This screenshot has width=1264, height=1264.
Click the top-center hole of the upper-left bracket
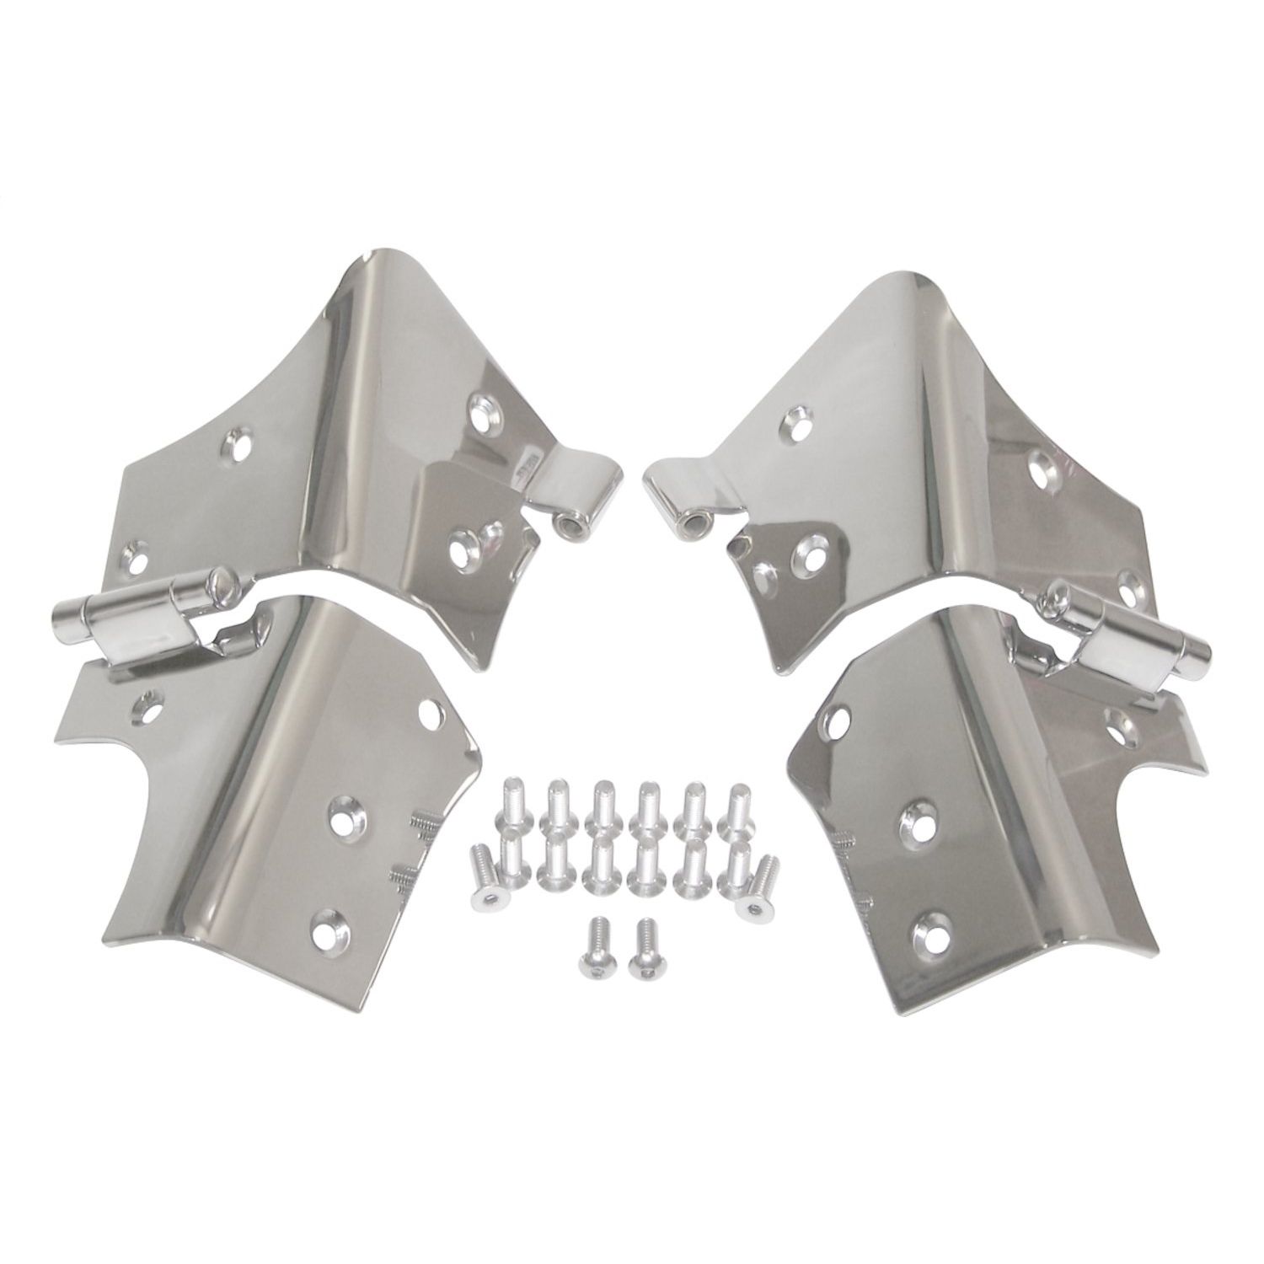tap(239, 442)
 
